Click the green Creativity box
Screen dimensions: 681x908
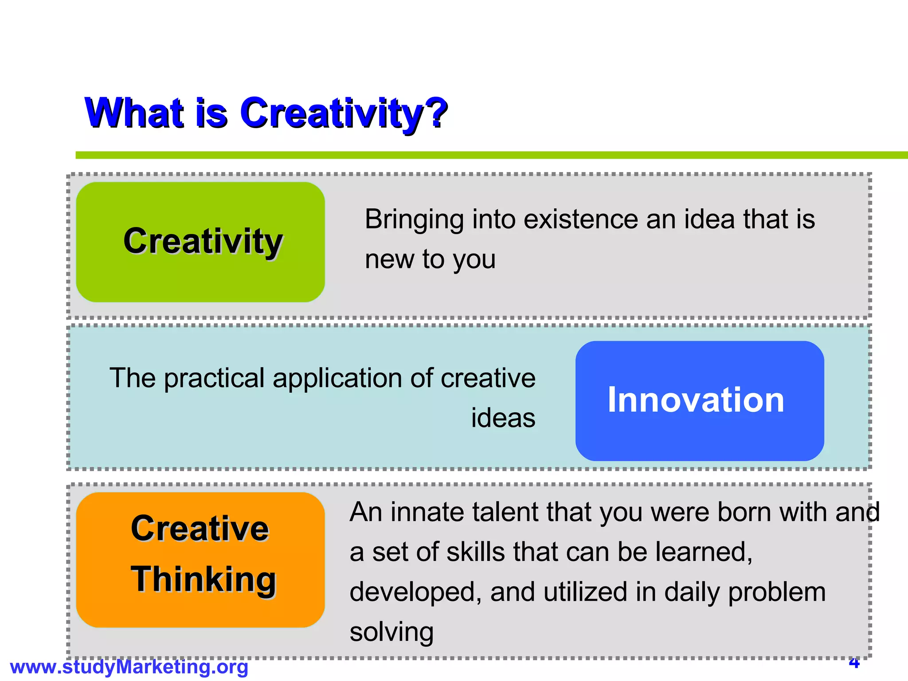coord(200,242)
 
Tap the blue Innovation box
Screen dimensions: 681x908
coord(700,400)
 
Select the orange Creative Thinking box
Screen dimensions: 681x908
coord(200,560)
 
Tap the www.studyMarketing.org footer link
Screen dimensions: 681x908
coord(129,667)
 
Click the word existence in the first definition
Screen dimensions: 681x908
coord(580,219)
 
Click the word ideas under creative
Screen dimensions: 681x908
coord(503,418)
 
